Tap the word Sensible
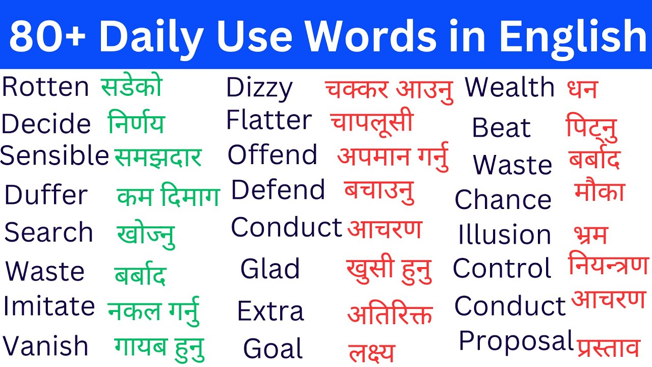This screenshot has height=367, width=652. pos(55,156)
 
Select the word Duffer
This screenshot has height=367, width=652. pos(46,195)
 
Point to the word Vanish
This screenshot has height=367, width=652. pos(45,346)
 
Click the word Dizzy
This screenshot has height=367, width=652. pos(259,89)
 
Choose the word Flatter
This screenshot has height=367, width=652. pos(268,120)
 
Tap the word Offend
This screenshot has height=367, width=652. pos(272,155)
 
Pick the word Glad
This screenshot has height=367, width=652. pos(270,269)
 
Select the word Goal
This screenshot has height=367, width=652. pos(273,349)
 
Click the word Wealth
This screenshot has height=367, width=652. pos(510,88)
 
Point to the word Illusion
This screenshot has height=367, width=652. pos(504,235)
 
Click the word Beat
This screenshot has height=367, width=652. pos(501,127)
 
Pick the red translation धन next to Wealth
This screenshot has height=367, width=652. pos(582,89)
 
